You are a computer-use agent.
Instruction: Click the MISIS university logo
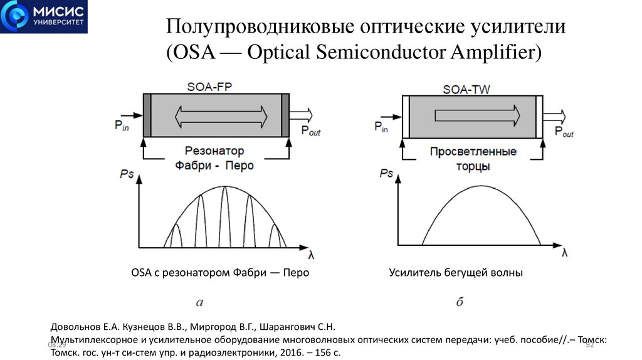click(44, 17)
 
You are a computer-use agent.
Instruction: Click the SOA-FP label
click(209, 86)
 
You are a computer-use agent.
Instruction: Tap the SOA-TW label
click(466, 89)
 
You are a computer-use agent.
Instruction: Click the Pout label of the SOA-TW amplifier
click(563, 131)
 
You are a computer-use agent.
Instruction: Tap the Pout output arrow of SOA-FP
click(300, 115)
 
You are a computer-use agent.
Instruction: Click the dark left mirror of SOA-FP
click(147, 115)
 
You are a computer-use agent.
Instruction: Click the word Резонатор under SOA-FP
click(214, 151)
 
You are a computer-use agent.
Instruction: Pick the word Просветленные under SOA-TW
click(473, 152)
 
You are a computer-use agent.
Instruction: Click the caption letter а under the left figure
click(199, 304)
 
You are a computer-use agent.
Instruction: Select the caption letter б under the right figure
click(460, 302)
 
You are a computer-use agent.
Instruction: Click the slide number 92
click(589, 345)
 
